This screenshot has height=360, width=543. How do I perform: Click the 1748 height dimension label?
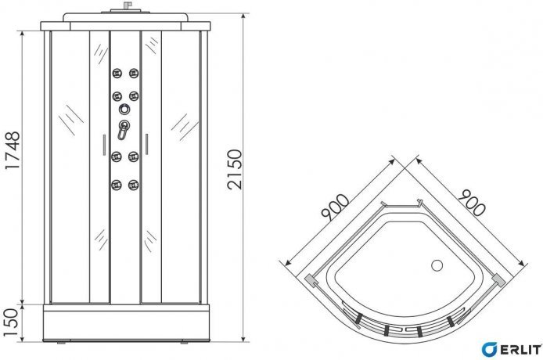tap(13, 150)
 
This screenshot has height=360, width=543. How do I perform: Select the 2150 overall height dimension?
tap(235, 169)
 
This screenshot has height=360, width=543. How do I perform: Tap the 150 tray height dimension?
tap(10, 322)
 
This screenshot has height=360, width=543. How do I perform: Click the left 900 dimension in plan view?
tap(335, 207)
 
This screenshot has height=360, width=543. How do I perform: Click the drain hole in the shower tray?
tap(437, 266)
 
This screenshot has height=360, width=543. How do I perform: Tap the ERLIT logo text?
tap(521, 350)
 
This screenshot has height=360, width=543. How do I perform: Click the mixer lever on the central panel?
tap(123, 130)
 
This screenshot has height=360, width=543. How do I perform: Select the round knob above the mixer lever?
tap(124, 109)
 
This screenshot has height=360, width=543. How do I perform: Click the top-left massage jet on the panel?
tap(117, 73)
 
